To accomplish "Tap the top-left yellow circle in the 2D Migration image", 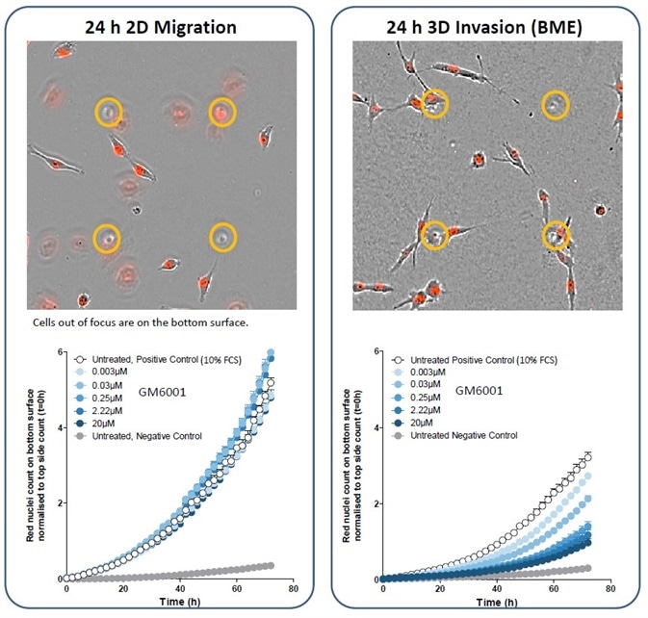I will (109, 113).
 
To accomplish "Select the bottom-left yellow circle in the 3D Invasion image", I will (434, 234).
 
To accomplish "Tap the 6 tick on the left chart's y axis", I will (58, 352).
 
